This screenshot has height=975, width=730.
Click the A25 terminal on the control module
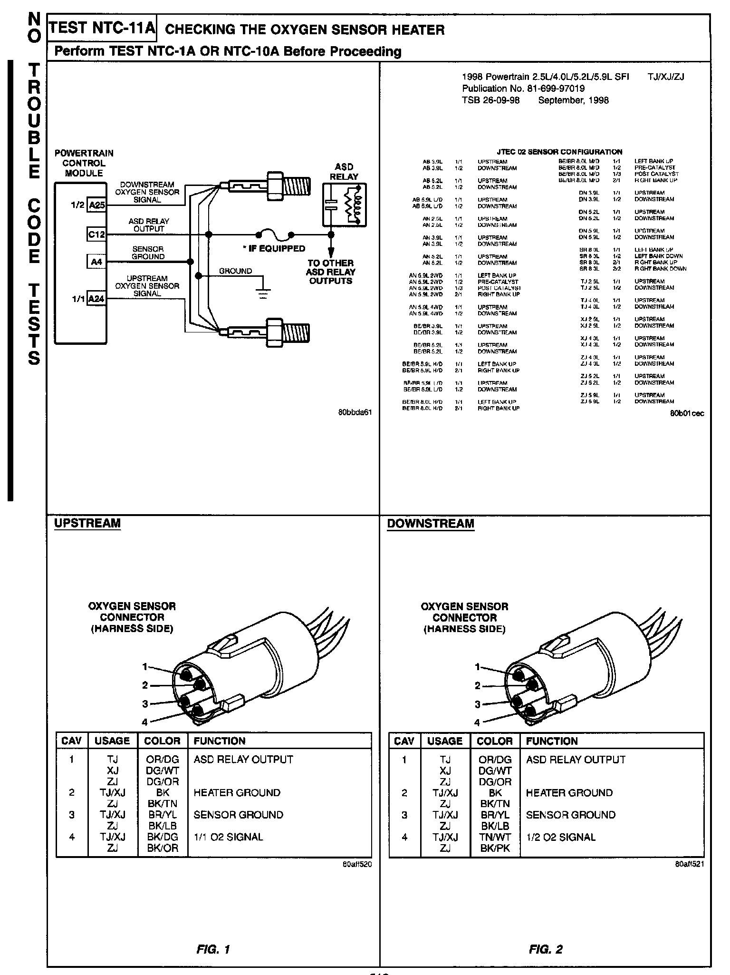[96, 205]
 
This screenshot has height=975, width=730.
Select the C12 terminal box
[96, 234]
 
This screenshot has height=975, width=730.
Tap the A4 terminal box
[96, 262]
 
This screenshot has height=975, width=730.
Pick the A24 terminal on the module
[96, 299]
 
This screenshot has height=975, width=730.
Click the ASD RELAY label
[344, 172]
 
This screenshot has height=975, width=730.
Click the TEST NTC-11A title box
[102, 28]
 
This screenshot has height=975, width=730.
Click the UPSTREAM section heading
[87, 523]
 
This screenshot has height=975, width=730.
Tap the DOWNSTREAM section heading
[431, 524]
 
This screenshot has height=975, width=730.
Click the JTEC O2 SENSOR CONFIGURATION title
[559, 152]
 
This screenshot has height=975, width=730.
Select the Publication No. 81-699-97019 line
[523, 88]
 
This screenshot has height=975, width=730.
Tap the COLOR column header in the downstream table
[495, 741]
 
